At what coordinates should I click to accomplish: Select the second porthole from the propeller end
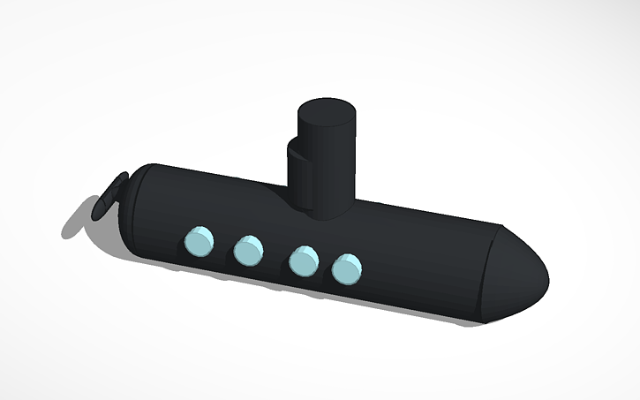coord(248,250)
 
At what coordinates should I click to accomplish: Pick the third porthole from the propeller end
coord(304,260)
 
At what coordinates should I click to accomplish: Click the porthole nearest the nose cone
coord(347,268)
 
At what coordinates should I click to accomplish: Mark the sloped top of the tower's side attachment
coord(297,151)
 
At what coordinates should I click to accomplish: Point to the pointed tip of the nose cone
coord(546,280)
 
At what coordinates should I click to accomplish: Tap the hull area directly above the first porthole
coord(201,212)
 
